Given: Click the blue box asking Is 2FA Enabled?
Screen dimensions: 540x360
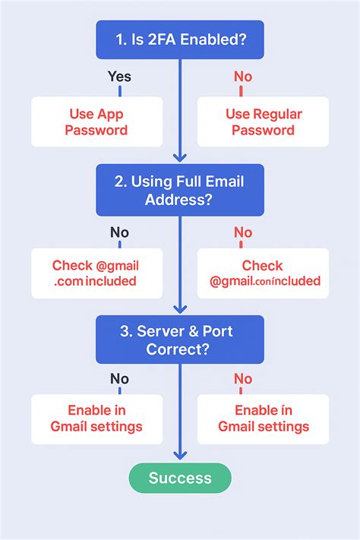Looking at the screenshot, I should (x=180, y=40).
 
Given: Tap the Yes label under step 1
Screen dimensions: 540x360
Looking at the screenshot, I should (x=119, y=76).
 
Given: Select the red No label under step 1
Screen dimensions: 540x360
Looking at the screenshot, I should (x=242, y=76).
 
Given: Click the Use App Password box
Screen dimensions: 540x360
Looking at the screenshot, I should (x=96, y=122).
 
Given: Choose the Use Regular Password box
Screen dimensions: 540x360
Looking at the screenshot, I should (x=263, y=122).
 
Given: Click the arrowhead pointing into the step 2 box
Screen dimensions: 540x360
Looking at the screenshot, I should (x=180, y=157).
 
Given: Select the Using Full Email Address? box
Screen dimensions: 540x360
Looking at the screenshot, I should (x=180, y=190).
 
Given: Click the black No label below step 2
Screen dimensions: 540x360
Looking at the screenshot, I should (x=119, y=232).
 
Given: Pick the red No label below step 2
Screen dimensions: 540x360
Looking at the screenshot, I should (x=242, y=232).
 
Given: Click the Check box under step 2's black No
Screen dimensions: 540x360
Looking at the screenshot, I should (x=96, y=273).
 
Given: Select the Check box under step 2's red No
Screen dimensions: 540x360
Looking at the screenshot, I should (x=263, y=273).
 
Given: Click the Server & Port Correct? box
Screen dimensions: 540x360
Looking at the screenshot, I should (x=180, y=339).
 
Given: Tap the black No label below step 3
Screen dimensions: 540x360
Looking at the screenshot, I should (x=119, y=378).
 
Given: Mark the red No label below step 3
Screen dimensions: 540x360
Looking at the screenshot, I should (x=242, y=378).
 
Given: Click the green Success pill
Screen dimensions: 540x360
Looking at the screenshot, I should (x=180, y=478).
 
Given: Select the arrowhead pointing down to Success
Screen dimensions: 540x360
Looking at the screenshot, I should (x=180, y=455).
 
